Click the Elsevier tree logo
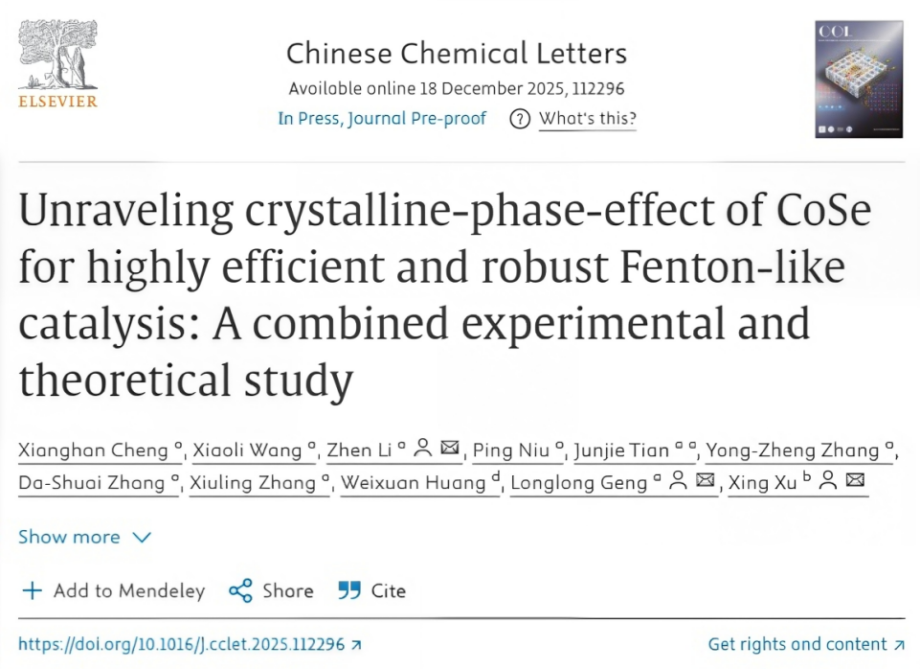[57, 59]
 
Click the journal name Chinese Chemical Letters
[457, 53]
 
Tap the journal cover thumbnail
[859, 80]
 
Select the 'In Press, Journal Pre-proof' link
[382, 119]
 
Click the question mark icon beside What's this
[520, 120]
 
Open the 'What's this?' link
[588, 119]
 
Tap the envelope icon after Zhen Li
[450, 450]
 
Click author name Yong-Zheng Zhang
[793, 450]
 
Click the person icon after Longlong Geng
[679, 481]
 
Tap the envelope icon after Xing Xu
[856, 481]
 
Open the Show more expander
[84, 537]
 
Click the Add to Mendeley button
[114, 590]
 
